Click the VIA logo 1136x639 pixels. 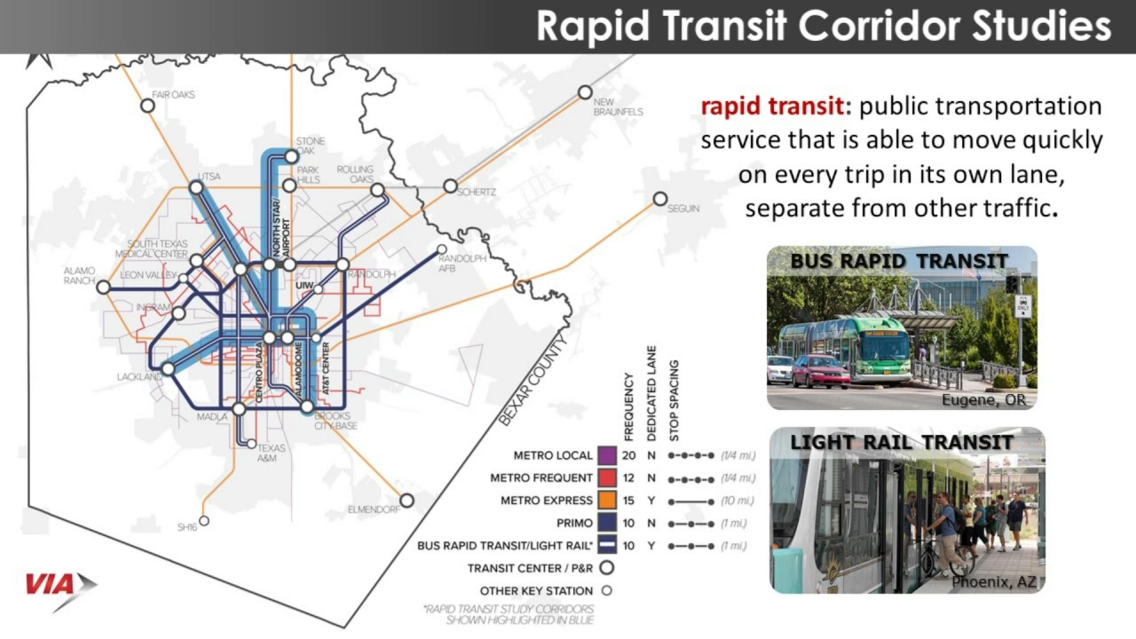click(60, 587)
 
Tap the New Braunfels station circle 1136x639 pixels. click(585, 92)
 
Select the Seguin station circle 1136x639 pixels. click(660, 200)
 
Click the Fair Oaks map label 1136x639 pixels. click(173, 94)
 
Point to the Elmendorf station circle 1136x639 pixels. click(406, 501)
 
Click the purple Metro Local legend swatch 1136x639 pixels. click(607, 455)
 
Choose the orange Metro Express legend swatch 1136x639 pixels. click(607, 501)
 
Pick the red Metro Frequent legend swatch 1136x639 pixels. click(607, 478)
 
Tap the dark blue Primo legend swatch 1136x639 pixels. click(607, 524)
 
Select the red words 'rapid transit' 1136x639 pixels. click(770, 106)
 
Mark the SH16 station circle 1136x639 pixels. click(204, 521)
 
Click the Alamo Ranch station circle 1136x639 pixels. click(104, 288)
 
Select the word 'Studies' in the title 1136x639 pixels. click(1046, 27)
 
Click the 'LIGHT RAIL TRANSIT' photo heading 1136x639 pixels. click(902, 442)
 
